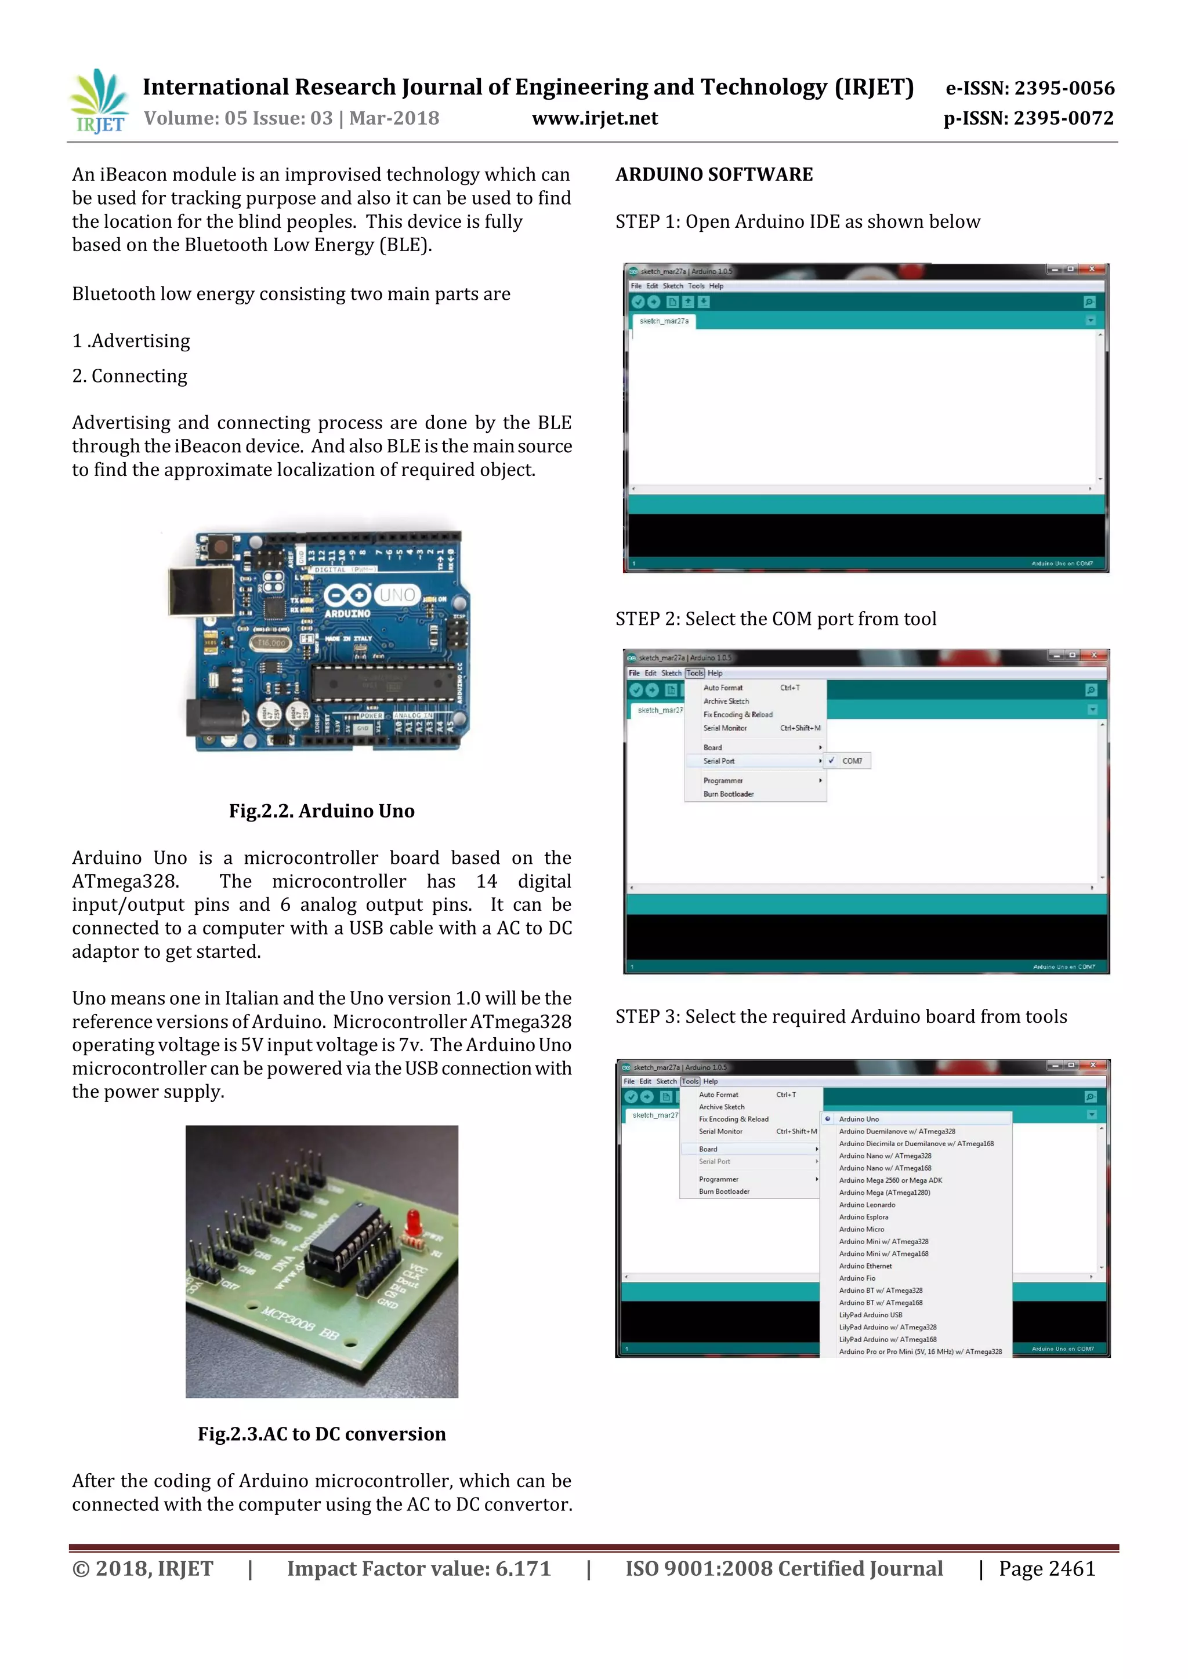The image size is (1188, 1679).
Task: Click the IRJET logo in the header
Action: [98, 101]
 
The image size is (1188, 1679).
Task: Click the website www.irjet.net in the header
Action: [594, 118]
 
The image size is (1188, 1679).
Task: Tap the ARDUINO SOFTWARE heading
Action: [713, 175]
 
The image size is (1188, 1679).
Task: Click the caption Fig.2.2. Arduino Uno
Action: [321, 811]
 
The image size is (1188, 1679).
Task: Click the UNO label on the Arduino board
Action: [397, 594]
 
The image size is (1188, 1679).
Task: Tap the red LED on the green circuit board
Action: [412, 1220]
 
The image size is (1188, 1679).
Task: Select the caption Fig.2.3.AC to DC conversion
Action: [321, 1434]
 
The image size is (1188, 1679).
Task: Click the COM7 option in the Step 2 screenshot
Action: [852, 761]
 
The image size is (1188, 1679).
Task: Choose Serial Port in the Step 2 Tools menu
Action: [719, 761]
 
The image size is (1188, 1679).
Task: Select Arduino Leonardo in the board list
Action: [867, 1204]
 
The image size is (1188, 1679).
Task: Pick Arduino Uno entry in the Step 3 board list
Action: [859, 1119]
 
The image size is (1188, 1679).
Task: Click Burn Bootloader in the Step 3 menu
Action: [723, 1191]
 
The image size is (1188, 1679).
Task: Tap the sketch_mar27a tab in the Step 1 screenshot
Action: [664, 321]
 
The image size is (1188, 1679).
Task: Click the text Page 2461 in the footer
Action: [1047, 1569]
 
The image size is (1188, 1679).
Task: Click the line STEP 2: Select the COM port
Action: [776, 619]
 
